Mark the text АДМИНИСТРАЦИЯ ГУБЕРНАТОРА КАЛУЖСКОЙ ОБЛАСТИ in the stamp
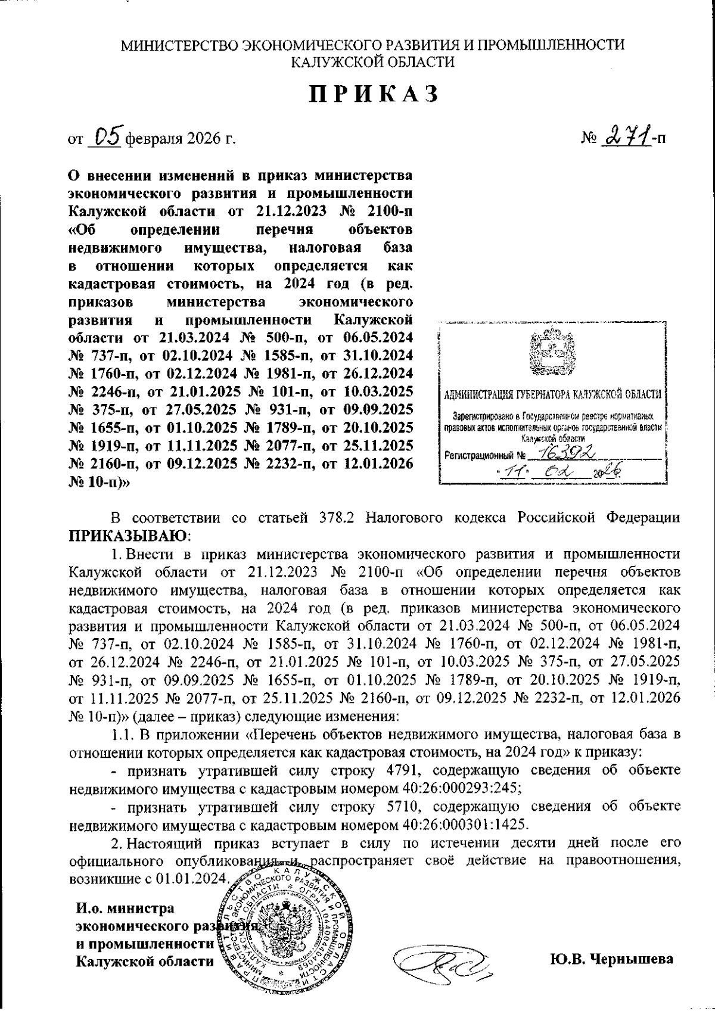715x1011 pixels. (554, 394)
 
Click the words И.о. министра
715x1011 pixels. (125, 909)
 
